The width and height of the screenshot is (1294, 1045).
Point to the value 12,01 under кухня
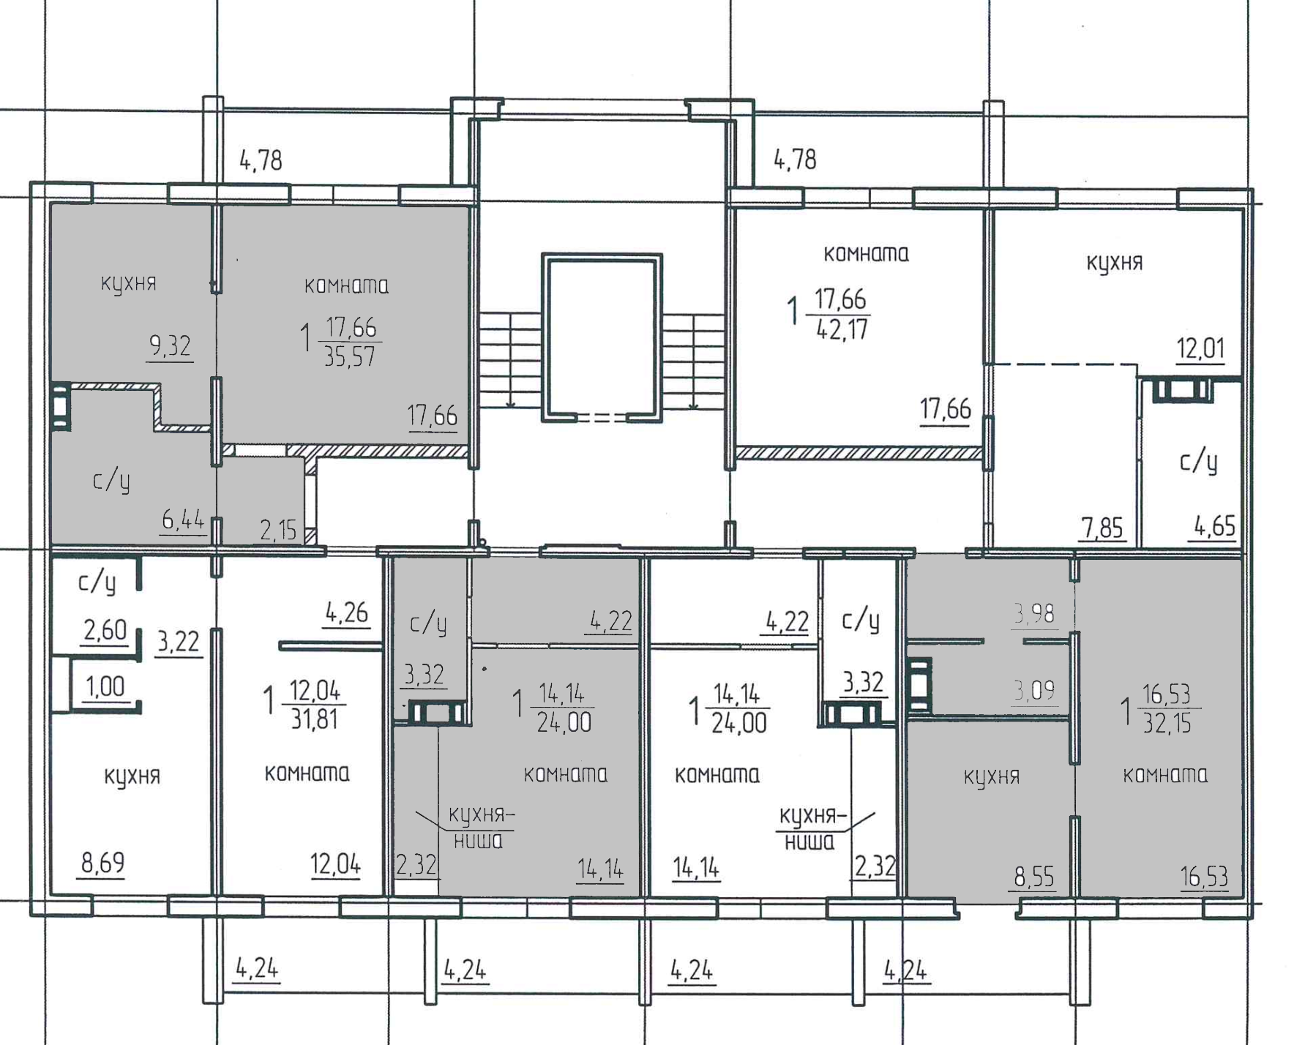coord(1200,348)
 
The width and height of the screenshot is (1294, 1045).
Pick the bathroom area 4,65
coord(1215,526)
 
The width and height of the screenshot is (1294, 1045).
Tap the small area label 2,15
coord(279,530)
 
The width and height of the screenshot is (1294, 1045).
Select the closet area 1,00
coord(105,687)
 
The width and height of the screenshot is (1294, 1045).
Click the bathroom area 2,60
coord(105,629)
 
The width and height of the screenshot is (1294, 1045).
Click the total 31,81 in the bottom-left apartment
coord(315,719)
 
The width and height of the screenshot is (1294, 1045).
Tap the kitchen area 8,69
coord(102,864)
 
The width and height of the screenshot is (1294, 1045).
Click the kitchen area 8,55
coord(1033,876)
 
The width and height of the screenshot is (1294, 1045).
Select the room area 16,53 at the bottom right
coord(1204,876)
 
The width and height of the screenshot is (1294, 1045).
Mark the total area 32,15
coord(1167,723)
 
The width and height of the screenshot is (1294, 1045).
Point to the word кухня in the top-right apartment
coord(1114,262)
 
